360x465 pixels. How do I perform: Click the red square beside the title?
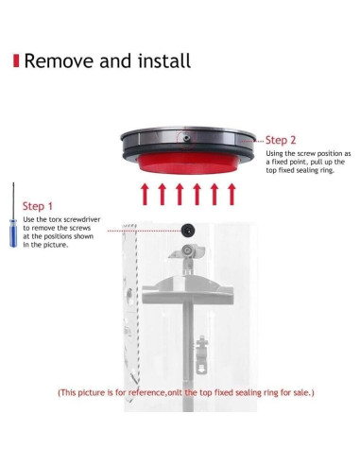pos(16,60)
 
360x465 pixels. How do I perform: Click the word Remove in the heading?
pos(60,60)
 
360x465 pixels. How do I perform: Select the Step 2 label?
pos(281,140)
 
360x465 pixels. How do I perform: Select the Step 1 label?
pos(37,206)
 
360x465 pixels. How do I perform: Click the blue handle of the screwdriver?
pos(13,233)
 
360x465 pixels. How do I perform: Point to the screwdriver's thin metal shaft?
pos(13,200)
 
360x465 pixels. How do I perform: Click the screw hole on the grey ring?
pos(187,138)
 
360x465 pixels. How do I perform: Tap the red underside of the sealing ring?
pos(188,164)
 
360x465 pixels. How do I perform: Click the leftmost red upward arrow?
pos(145,195)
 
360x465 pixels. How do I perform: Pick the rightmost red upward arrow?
pos(231,195)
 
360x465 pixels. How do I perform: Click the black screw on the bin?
pos(188,230)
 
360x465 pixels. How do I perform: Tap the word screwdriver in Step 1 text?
pos(82,219)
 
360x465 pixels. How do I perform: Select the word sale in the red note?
pos(301,393)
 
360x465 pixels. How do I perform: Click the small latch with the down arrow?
pos(201,355)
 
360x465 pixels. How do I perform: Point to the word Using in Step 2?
pos(274,154)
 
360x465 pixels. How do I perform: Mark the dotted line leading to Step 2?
pos(252,141)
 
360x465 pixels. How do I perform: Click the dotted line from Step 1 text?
pos(145,231)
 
